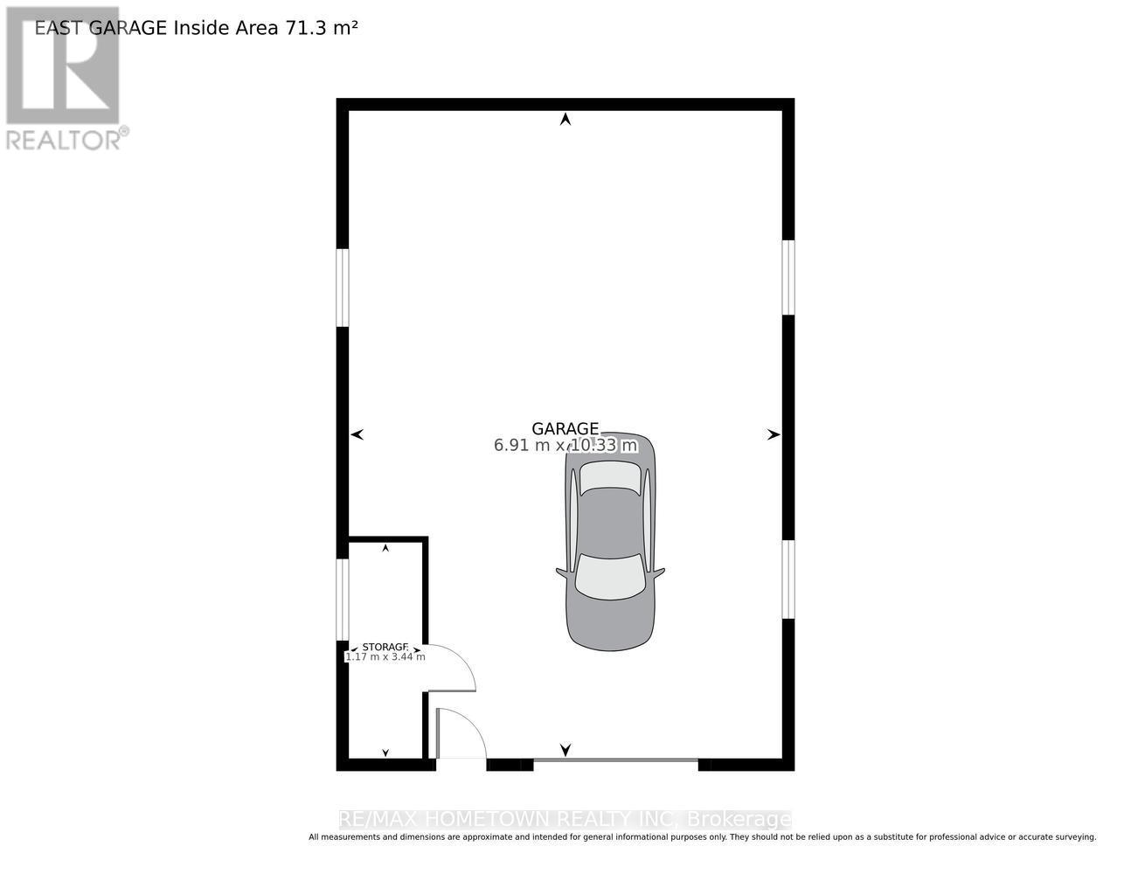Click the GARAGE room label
(565, 428)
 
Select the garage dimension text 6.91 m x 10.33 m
(565, 446)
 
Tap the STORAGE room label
(385, 648)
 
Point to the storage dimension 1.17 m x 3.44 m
(385, 657)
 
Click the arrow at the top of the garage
(565, 119)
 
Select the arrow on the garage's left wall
(357, 434)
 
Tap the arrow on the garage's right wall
(774, 434)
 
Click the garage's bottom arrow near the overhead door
(565, 749)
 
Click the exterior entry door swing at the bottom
(461, 734)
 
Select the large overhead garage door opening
(615, 762)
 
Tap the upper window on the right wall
(788, 277)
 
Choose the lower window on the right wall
(788, 579)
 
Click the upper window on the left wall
(343, 288)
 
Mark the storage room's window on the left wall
(343, 600)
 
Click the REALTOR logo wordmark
(66, 139)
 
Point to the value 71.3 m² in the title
(321, 28)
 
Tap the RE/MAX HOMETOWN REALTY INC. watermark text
(565, 820)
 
